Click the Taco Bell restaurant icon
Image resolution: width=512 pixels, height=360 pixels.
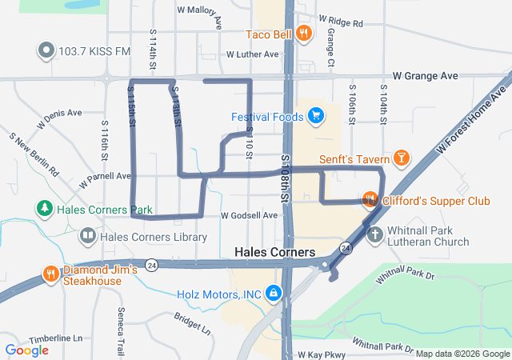[302, 34]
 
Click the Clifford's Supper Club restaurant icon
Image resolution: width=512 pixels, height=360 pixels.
[369, 200]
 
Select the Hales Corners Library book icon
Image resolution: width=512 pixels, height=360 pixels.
[87, 237]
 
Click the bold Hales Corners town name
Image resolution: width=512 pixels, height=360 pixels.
[272, 251]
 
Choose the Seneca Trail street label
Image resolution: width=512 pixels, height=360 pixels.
[122, 320]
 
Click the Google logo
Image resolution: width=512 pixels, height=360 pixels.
[26, 350]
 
